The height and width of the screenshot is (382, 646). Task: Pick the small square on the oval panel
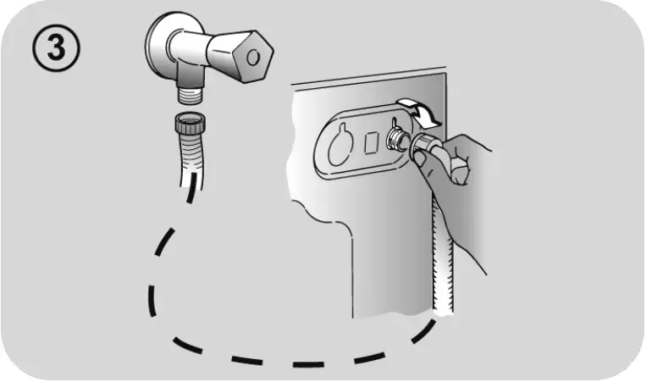[370, 141]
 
